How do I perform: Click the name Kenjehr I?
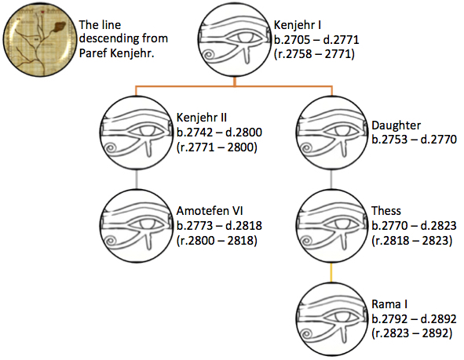point(298,25)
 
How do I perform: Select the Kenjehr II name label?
point(202,118)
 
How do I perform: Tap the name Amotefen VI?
point(210,211)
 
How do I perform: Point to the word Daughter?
point(396,125)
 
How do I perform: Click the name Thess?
point(386,211)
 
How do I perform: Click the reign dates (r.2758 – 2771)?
point(314,54)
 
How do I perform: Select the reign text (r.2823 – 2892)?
point(412,333)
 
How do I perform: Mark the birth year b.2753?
point(389,140)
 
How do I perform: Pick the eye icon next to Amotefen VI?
point(136,226)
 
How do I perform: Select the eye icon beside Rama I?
point(331,319)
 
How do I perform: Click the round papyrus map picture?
point(38,39)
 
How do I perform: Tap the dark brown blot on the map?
point(59,27)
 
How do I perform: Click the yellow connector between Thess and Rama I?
point(331,272)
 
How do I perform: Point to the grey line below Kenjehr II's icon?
point(136,180)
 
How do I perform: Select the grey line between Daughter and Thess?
point(331,180)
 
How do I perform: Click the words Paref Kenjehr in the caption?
point(117,53)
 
